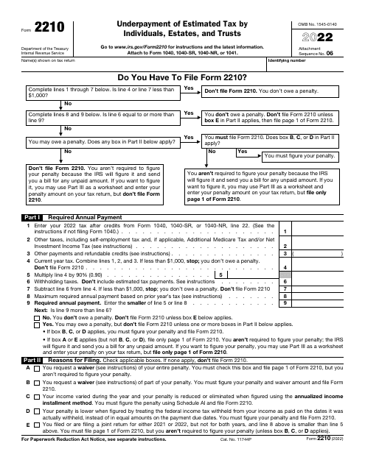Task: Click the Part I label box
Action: [49, 217]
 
